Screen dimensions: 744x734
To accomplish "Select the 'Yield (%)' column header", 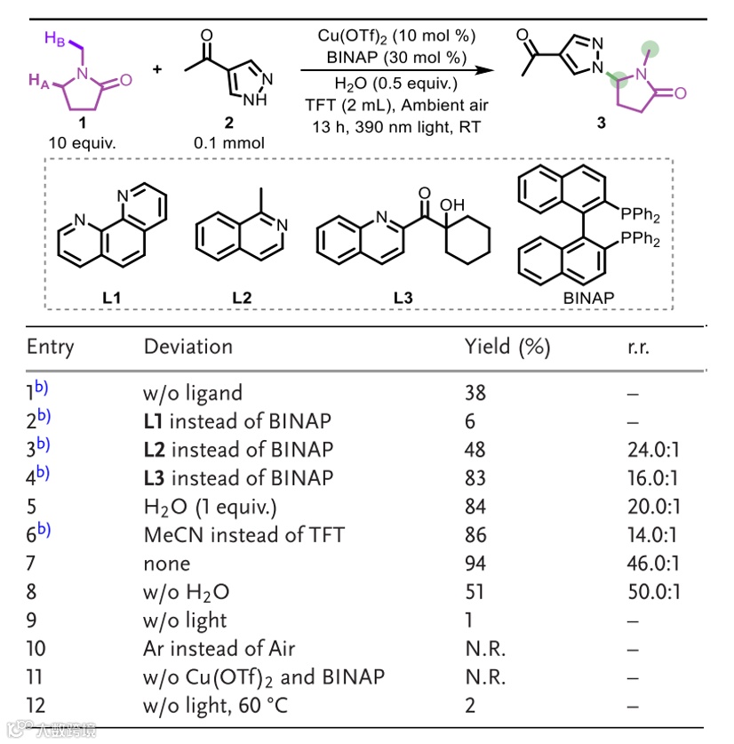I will [507, 347].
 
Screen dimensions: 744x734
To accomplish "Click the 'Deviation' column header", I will [187, 347].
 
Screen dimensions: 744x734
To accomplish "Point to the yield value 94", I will [476, 564].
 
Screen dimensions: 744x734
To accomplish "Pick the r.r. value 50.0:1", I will [652, 592].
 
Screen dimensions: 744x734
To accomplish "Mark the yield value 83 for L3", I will [476, 478].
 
